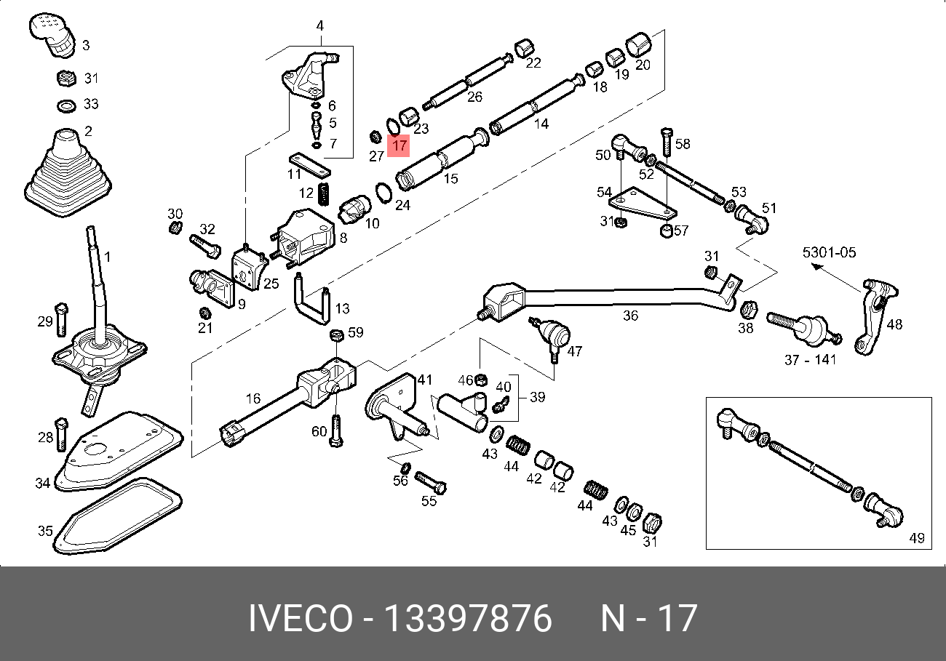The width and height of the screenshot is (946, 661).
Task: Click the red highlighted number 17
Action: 399,145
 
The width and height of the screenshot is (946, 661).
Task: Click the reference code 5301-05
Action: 830,253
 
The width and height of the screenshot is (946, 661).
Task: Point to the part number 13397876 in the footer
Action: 467,619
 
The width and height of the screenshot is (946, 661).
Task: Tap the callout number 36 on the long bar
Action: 630,315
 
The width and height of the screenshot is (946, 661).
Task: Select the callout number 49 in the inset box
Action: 916,538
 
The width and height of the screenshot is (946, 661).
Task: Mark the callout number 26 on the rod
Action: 474,96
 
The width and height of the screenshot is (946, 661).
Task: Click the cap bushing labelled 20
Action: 637,44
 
